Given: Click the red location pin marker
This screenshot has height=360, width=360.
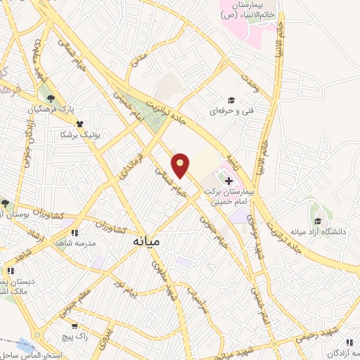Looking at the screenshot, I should pyautogui.click(x=181, y=164).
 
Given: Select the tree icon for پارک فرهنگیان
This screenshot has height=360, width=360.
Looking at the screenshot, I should pyautogui.click(x=51, y=98).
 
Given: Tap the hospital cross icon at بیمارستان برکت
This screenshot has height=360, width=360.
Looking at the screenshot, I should pyautogui.click(x=229, y=181).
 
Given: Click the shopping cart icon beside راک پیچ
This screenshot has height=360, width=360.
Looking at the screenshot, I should pyautogui.click(x=75, y=326).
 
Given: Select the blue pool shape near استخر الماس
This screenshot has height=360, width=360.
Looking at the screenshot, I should pyautogui.click(x=25, y=345).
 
